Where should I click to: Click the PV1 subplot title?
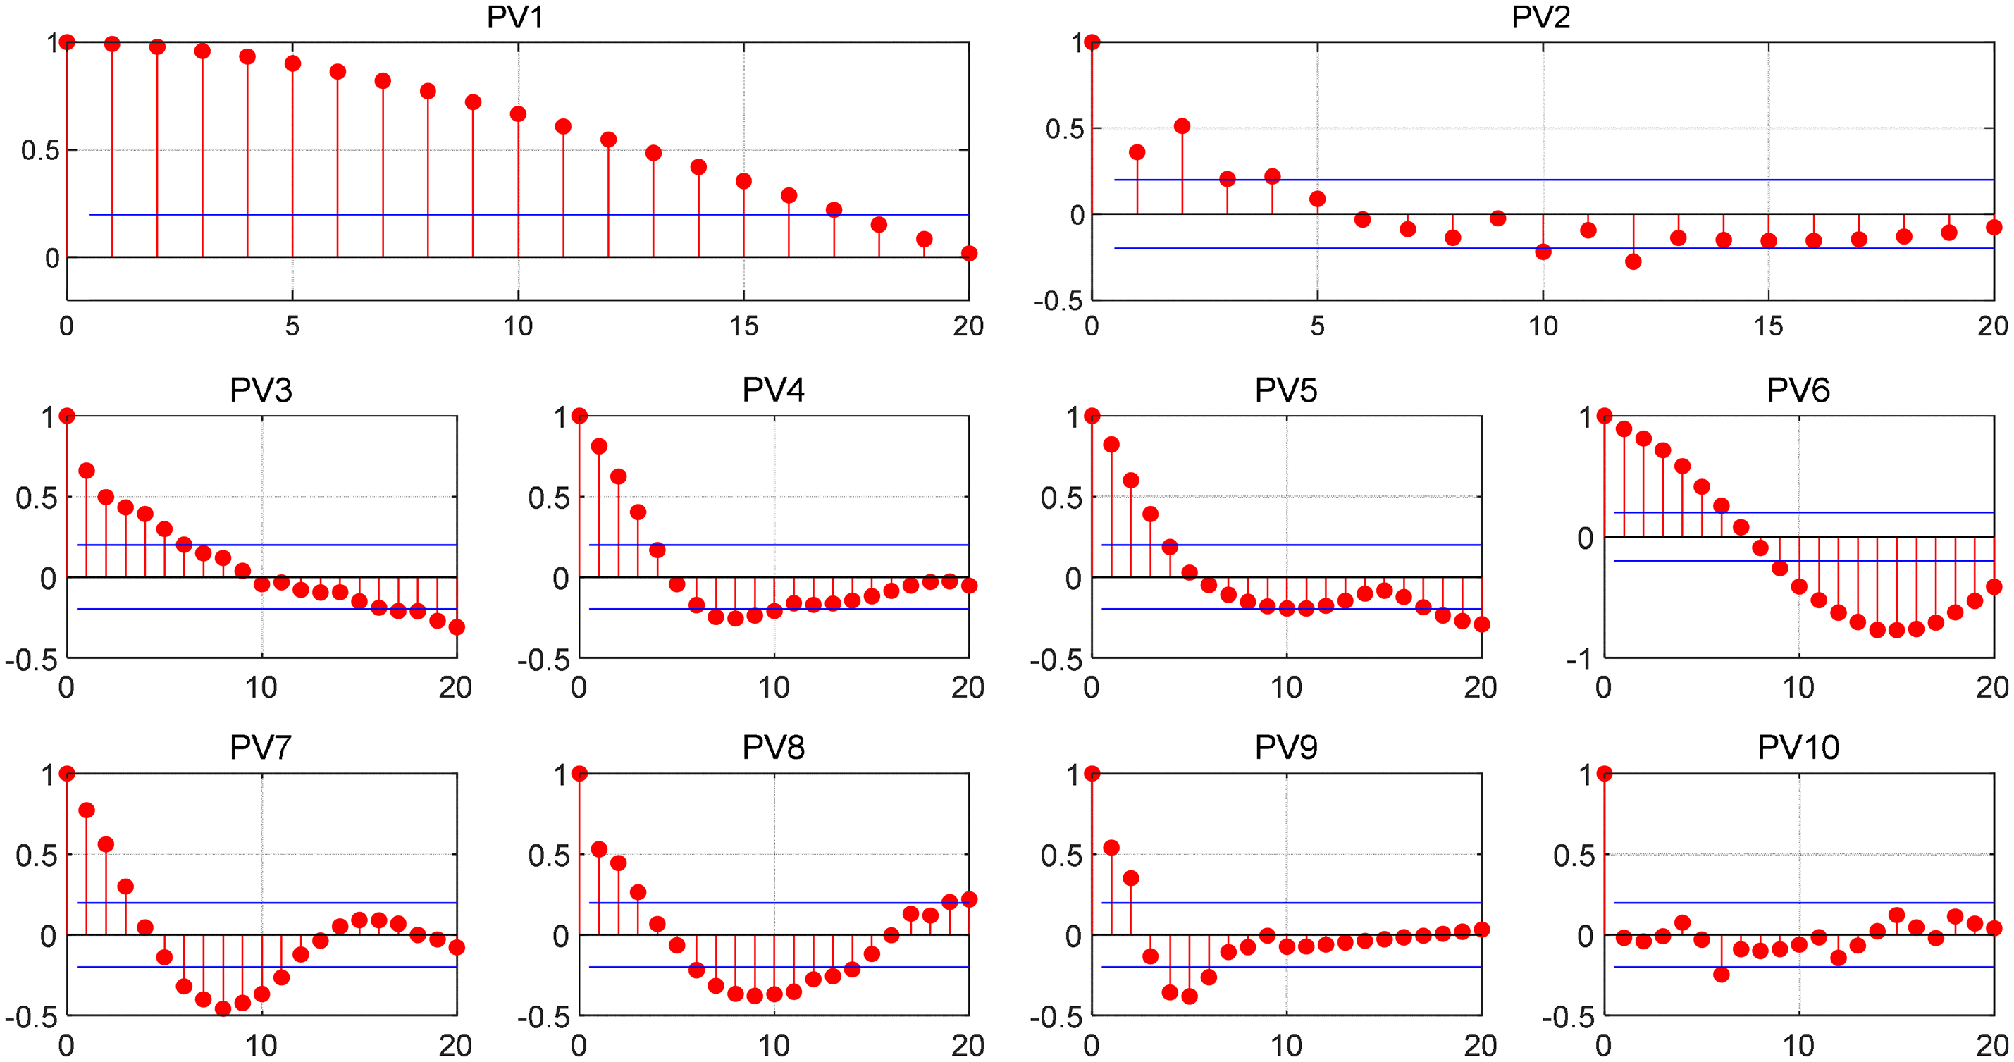pos(514,17)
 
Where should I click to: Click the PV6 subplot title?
pos(1798,390)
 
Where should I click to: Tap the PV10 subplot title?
pos(1798,748)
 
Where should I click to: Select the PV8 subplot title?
pos(772,748)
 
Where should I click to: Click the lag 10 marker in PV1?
pos(517,114)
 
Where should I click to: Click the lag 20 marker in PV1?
pos(969,254)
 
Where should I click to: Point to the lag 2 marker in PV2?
pos(1182,127)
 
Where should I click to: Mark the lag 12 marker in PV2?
pos(1633,262)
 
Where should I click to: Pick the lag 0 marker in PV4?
pos(579,415)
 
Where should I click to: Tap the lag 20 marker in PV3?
pos(457,627)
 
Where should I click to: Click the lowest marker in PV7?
pos(223,1008)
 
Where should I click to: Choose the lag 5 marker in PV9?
pos(1190,996)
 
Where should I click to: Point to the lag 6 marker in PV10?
pos(1721,975)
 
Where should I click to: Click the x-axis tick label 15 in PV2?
pos(1769,326)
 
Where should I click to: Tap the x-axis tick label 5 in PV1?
pos(292,326)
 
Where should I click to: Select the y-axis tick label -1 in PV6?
pos(1579,661)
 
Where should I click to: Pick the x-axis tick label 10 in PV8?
pos(773,1046)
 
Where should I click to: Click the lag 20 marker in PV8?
pos(969,899)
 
